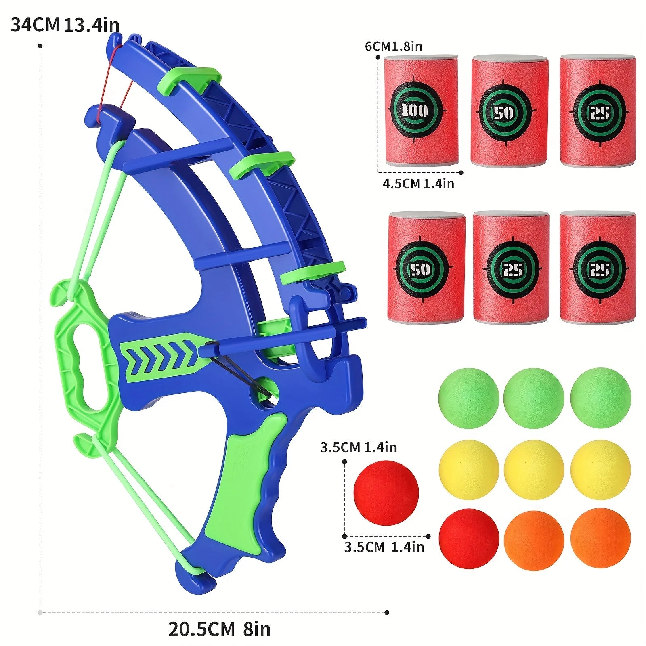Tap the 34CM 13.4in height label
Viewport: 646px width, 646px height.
pyautogui.click(x=65, y=25)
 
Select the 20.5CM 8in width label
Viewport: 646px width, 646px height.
pyautogui.click(x=219, y=629)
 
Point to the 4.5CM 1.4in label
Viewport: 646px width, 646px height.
pyautogui.click(x=418, y=184)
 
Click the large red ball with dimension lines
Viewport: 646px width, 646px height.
pyautogui.click(x=386, y=493)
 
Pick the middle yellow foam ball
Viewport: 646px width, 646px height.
pyautogui.click(x=534, y=470)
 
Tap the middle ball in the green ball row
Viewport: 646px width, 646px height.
pyautogui.click(x=534, y=398)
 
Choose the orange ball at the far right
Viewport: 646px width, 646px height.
pyautogui.click(x=600, y=538)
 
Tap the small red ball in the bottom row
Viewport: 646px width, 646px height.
pyautogui.click(x=468, y=538)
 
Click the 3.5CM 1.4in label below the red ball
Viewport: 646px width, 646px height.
pyautogui.click(x=384, y=547)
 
